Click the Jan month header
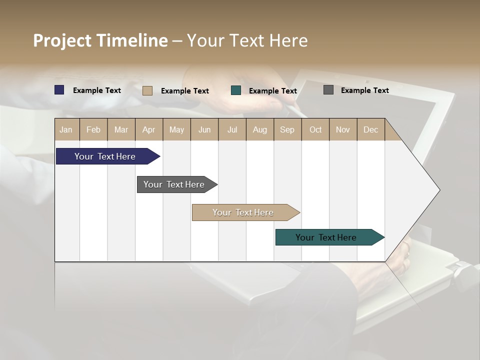point(66,129)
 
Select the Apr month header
point(148,129)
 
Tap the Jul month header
point(232,129)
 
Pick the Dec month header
point(370,129)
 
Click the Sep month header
point(287,129)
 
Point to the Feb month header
point(93,129)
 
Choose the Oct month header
point(315,129)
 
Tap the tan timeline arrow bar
point(243,212)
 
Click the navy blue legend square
point(59,90)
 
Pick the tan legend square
point(147,90)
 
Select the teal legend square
point(236,90)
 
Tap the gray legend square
point(328,90)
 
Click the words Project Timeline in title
point(100,40)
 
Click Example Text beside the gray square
point(364,90)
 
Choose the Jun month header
point(204,129)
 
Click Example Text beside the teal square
point(272,91)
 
